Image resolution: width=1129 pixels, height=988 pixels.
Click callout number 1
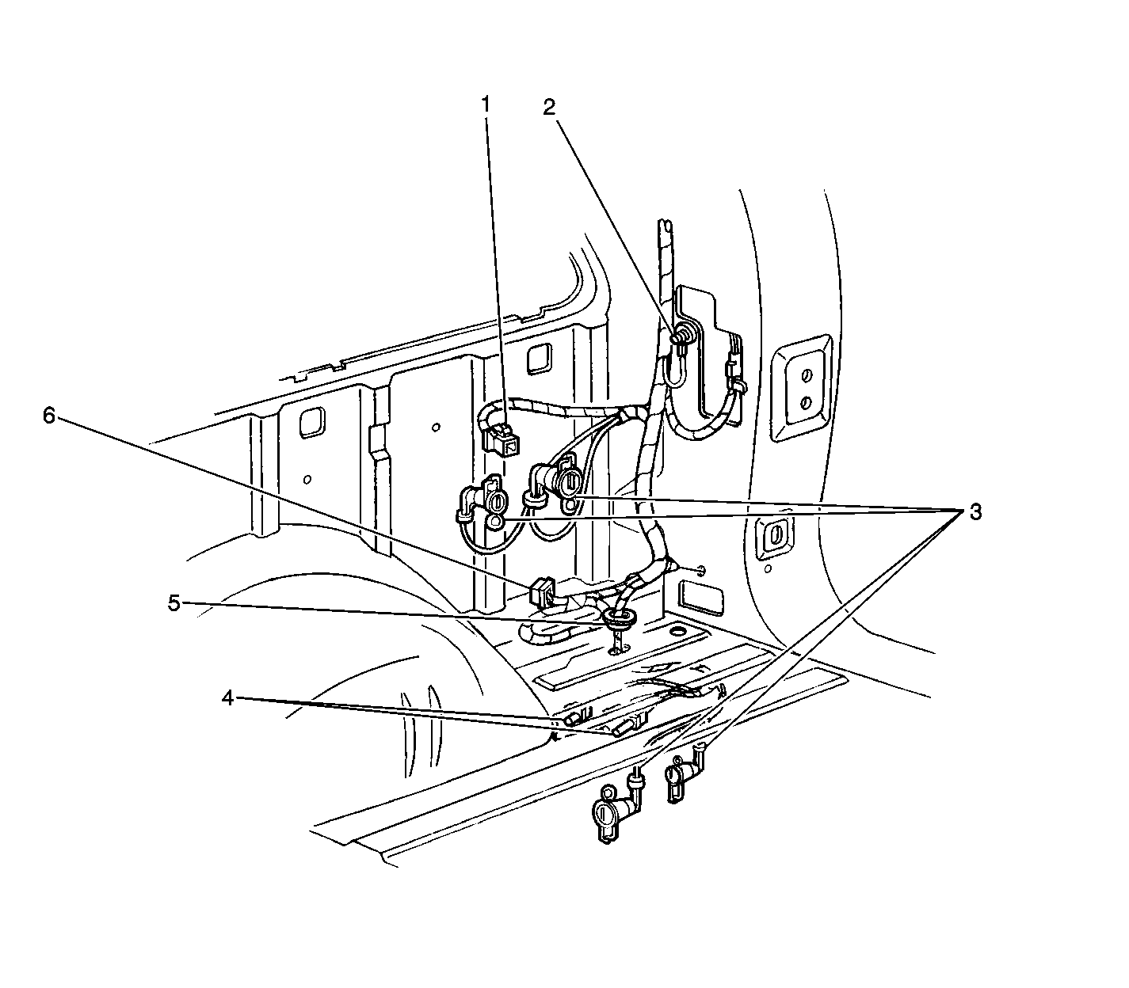point(486,104)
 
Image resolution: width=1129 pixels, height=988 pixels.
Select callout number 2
point(549,108)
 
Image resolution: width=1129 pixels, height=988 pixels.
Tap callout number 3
point(975,512)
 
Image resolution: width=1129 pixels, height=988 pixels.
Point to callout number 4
point(228,698)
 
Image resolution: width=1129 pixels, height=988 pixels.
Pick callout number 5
point(174,604)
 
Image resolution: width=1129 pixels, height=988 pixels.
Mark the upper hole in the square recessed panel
point(807,375)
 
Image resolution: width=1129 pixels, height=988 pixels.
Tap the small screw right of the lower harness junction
point(700,570)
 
